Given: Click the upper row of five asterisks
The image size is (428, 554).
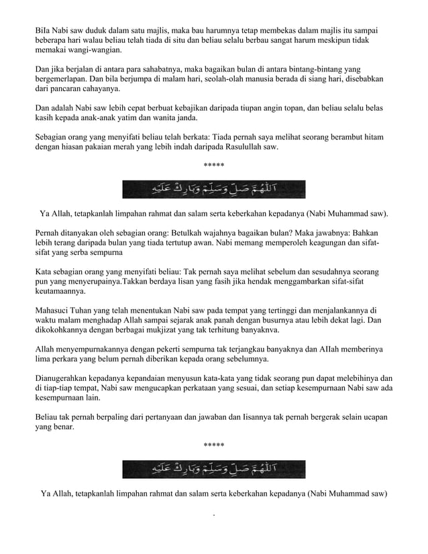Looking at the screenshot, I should (213, 166).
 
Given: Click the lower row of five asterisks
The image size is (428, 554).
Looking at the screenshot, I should (213, 445).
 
